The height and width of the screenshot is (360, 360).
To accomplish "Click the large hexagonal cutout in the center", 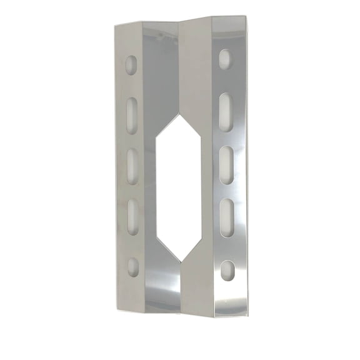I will point(180,187).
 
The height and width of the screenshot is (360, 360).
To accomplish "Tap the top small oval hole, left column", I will point(132,65).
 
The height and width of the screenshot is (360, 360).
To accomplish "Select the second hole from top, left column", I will point(132,114).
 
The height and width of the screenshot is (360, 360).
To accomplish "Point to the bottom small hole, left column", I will point(133,267).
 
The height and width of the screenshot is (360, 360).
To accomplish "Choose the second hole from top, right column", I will point(227,110).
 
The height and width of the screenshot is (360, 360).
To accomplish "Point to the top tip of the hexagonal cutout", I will point(180,114).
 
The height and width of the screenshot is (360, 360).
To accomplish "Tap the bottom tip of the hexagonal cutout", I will point(180,262).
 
